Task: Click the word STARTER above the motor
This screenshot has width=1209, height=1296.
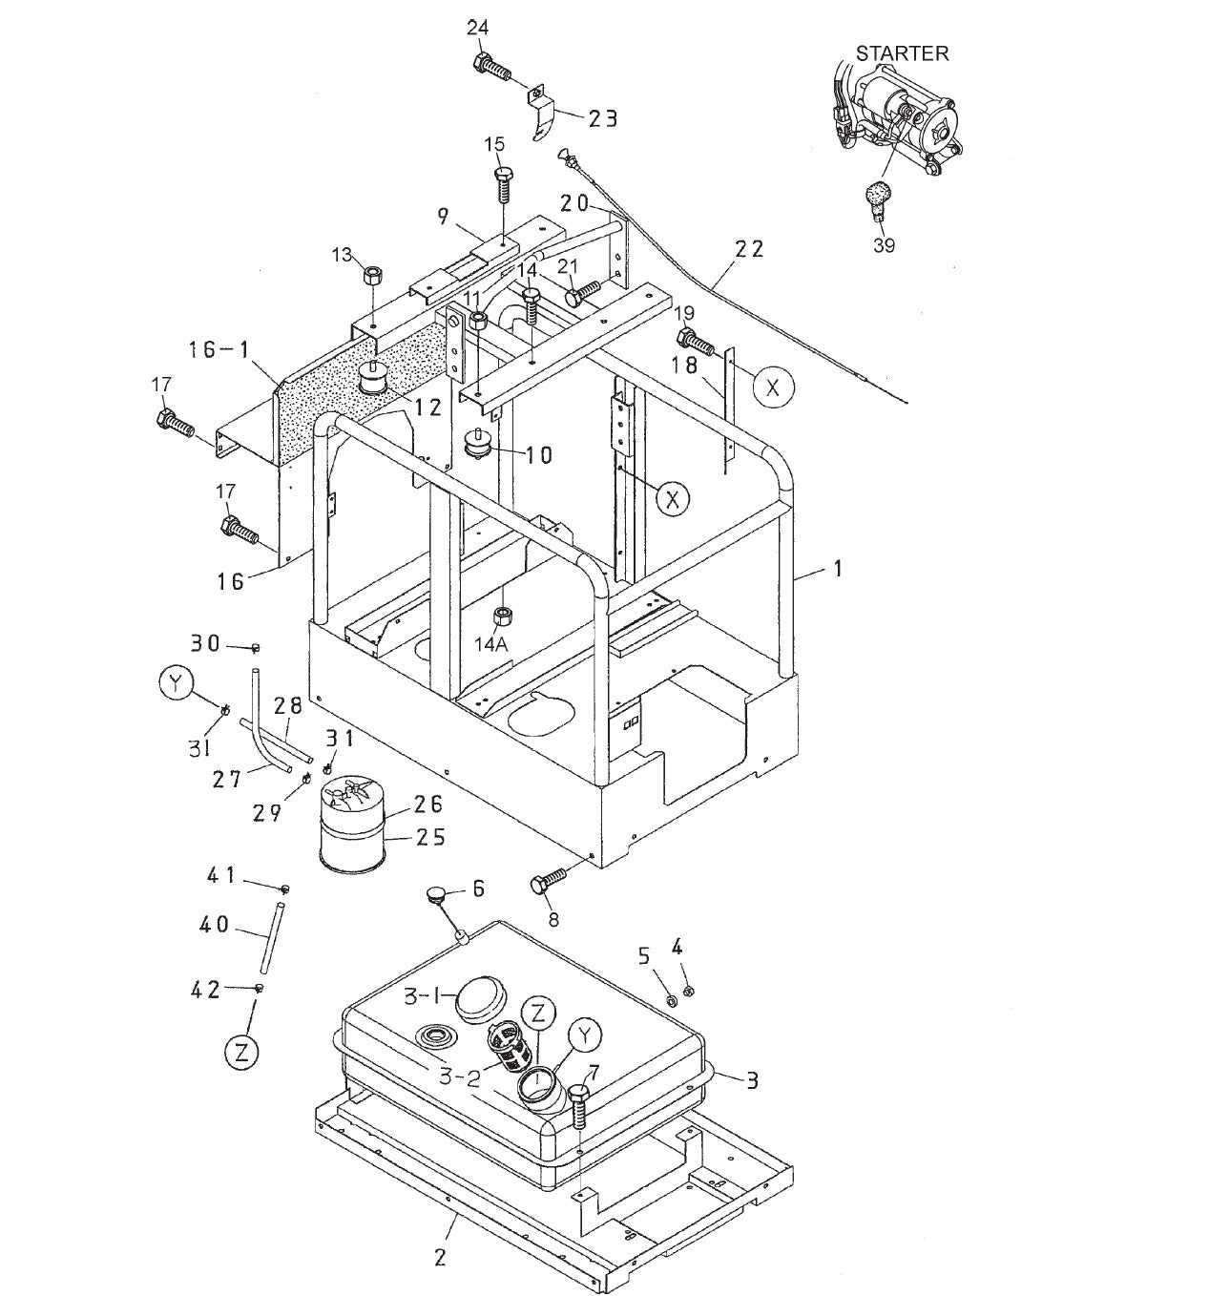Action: (902, 53)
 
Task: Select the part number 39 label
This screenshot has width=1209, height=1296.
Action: (884, 245)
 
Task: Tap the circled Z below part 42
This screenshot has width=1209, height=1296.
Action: (241, 1052)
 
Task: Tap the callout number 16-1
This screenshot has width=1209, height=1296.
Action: (218, 350)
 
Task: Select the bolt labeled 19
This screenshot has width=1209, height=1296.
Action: (694, 340)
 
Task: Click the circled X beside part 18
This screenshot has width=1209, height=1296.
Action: (772, 387)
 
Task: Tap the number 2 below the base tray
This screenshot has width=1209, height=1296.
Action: (439, 1257)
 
